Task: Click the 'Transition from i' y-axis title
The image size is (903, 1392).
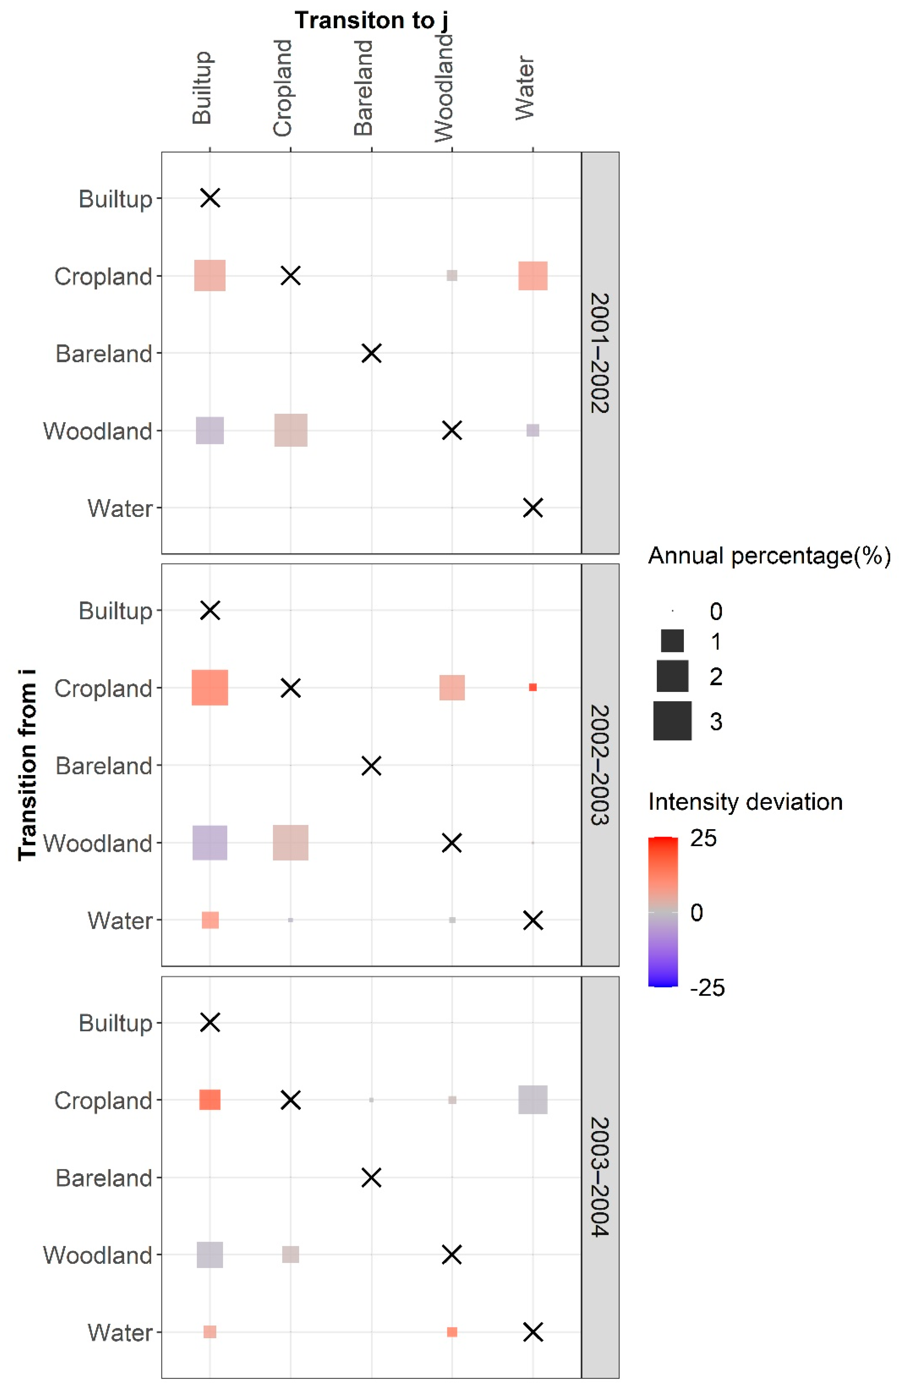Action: point(27,764)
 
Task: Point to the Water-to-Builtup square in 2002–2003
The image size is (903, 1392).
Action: point(210,920)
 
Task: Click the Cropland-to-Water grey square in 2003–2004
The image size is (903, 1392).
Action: point(533,1100)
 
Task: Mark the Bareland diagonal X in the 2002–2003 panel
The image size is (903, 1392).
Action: point(371,765)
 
